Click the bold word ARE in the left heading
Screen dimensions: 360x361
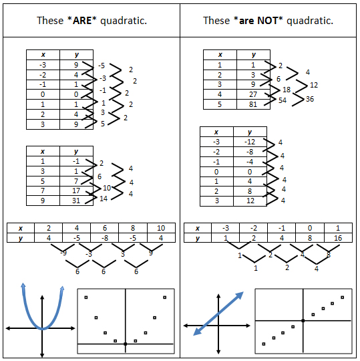click(x=82, y=21)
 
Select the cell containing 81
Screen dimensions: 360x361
click(x=253, y=104)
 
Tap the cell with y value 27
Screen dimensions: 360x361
click(x=253, y=94)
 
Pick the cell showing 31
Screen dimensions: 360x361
click(x=76, y=201)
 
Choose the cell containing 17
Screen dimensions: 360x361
click(x=76, y=191)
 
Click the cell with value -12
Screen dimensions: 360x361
click(x=250, y=142)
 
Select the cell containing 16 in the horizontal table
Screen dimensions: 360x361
click(x=338, y=238)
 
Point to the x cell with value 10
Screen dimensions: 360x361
click(x=161, y=228)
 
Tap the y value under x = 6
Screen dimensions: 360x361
click(x=105, y=238)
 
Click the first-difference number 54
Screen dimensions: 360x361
click(x=283, y=100)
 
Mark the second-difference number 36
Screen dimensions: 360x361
click(x=310, y=99)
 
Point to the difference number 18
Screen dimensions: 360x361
click(x=287, y=90)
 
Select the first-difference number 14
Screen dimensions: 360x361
click(x=104, y=199)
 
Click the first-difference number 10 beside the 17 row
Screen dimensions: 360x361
click(x=107, y=188)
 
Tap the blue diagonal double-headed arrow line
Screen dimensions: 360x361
click(x=218, y=314)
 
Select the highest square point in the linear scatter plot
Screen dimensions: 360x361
click(x=342, y=297)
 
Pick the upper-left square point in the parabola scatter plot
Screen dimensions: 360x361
click(x=86, y=297)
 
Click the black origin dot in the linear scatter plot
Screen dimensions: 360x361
click(x=303, y=320)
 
